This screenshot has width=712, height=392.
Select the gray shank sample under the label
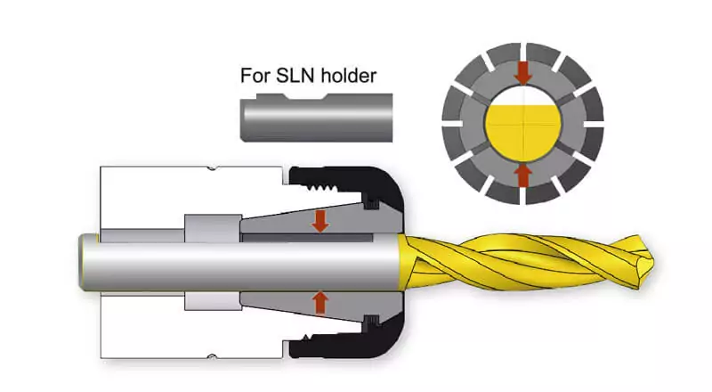pos(316,118)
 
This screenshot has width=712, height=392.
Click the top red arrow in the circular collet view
pos(523,71)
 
